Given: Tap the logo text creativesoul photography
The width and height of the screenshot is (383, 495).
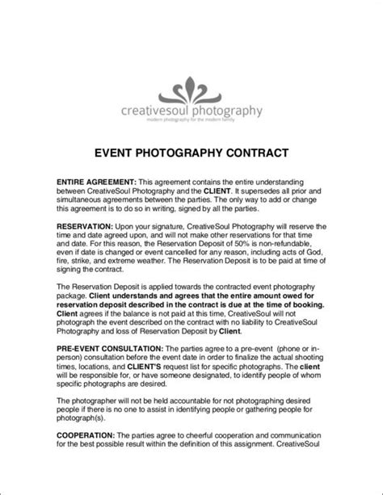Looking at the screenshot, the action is [191, 111].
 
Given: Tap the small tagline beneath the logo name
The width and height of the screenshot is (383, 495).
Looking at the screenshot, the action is [191, 120].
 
